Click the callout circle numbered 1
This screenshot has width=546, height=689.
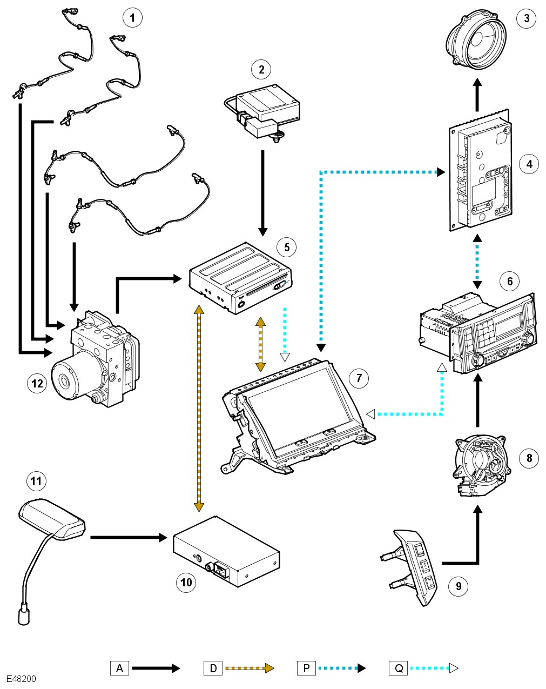click(132, 18)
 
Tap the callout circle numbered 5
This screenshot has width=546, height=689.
click(286, 247)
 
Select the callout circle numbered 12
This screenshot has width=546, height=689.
click(37, 383)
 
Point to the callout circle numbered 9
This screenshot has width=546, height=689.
click(458, 586)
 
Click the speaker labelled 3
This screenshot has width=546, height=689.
click(476, 42)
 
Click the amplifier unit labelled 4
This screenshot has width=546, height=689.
click(480, 176)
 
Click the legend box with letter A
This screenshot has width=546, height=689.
click(119, 668)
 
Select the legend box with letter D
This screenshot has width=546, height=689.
click(213, 668)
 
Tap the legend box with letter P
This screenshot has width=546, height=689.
click(306, 668)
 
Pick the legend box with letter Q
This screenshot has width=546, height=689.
click(399, 668)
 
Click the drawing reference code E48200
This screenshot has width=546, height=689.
click(21, 679)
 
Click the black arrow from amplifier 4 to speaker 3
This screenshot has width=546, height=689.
click(477, 95)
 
